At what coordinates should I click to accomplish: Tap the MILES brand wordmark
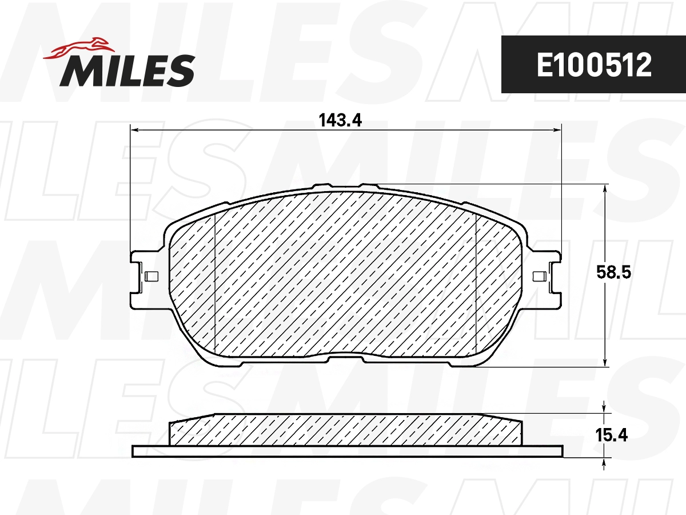coord(127,70)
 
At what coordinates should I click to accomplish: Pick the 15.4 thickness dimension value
coord(612,435)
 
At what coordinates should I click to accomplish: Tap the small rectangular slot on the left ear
coord(151,277)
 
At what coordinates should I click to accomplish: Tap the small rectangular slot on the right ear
coord(539,278)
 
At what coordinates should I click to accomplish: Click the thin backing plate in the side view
coord(347,451)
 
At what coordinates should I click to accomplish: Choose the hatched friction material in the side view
coord(346,430)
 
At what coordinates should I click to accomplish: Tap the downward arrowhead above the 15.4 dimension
coord(605,409)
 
